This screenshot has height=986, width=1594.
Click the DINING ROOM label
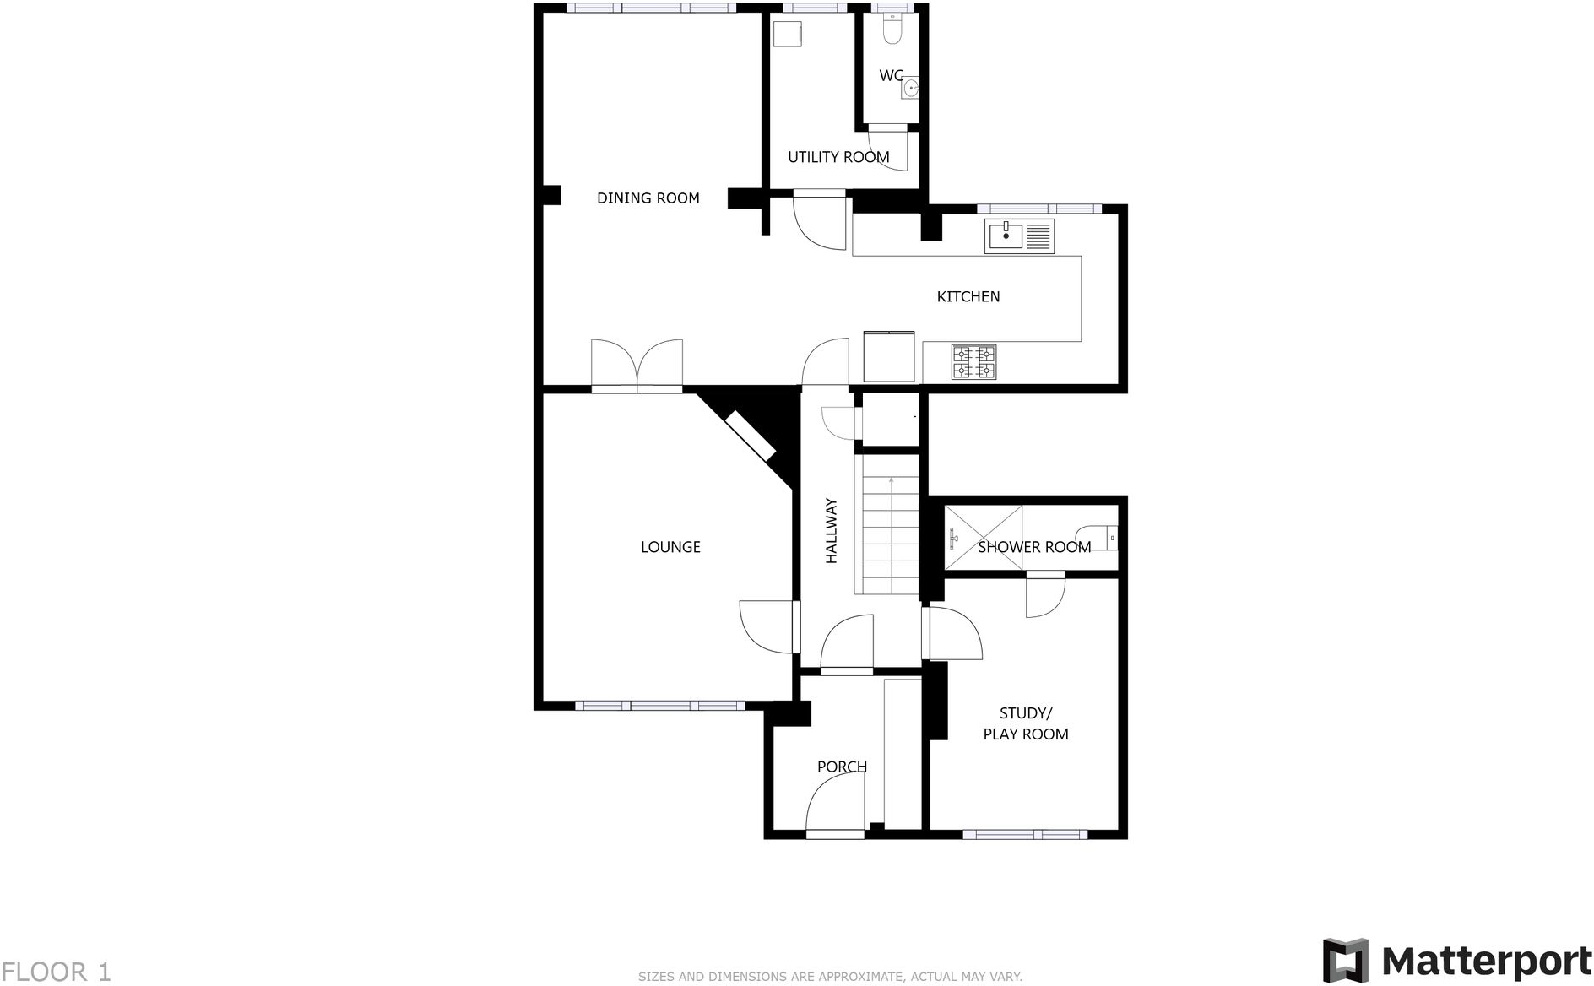tap(648, 198)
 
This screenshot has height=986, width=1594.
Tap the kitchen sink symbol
tap(1019, 236)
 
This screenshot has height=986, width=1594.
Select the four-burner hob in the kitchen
tap(973, 362)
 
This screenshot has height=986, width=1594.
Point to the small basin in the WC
tap(909, 88)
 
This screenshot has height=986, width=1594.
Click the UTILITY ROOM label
tap(838, 157)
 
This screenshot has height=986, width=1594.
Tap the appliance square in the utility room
tap(788, 35)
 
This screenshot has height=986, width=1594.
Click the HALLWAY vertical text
tap(831, 531)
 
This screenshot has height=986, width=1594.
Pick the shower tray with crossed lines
tap(982, 537)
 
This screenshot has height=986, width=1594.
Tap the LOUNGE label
tap(670, 547)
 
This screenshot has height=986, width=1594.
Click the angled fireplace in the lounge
tap(751, 436)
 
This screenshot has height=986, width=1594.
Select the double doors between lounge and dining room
tap(637, 365)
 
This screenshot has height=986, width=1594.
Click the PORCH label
tap(842, 767)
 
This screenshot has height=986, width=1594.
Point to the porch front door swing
tap(834, 803)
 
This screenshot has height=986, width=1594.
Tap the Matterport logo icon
tap(1346, 960)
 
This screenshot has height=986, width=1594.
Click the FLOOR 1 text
tap(56, 972)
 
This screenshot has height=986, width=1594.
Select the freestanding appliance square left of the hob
tap(888, 356)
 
